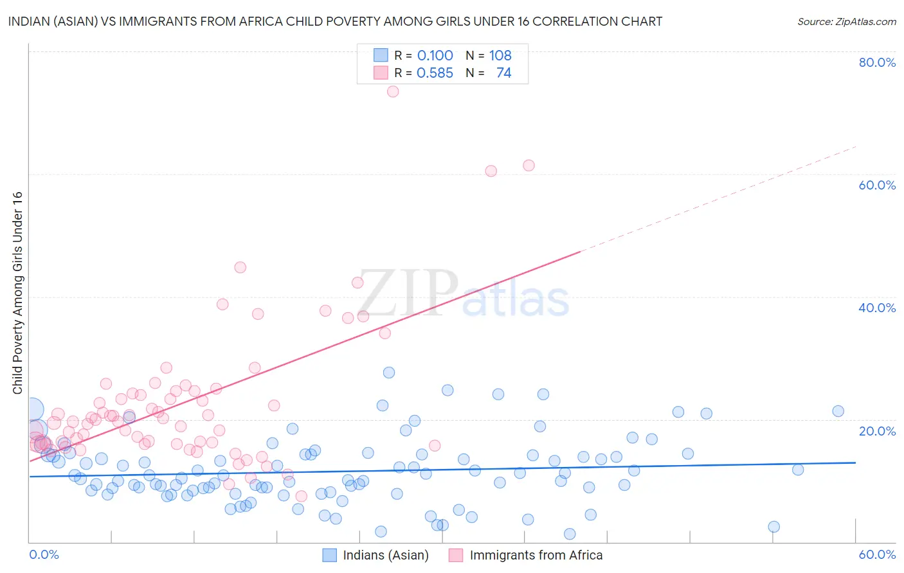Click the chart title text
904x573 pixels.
[334, 21]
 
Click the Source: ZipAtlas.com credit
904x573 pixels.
[846, 21]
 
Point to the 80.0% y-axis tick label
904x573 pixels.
[877, 62]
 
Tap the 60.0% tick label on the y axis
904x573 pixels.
[877, 185]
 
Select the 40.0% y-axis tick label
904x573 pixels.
[877, 308]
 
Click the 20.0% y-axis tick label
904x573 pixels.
[877, 430]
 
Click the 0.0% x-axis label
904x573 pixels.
[44, 554]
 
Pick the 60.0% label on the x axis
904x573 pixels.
[877, 554]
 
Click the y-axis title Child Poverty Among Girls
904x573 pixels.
[17, 293]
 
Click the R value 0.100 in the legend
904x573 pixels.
[435, 56]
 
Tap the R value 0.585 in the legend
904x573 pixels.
[435, 73]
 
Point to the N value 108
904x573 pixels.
[500, 56]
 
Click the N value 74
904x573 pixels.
[503, 73]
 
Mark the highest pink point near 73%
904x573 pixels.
[393, 91]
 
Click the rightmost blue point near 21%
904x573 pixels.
[838, 411]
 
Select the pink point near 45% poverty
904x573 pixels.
[240, 267]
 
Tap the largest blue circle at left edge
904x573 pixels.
[32, 409]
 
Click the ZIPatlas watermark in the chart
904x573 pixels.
[463, 294]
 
